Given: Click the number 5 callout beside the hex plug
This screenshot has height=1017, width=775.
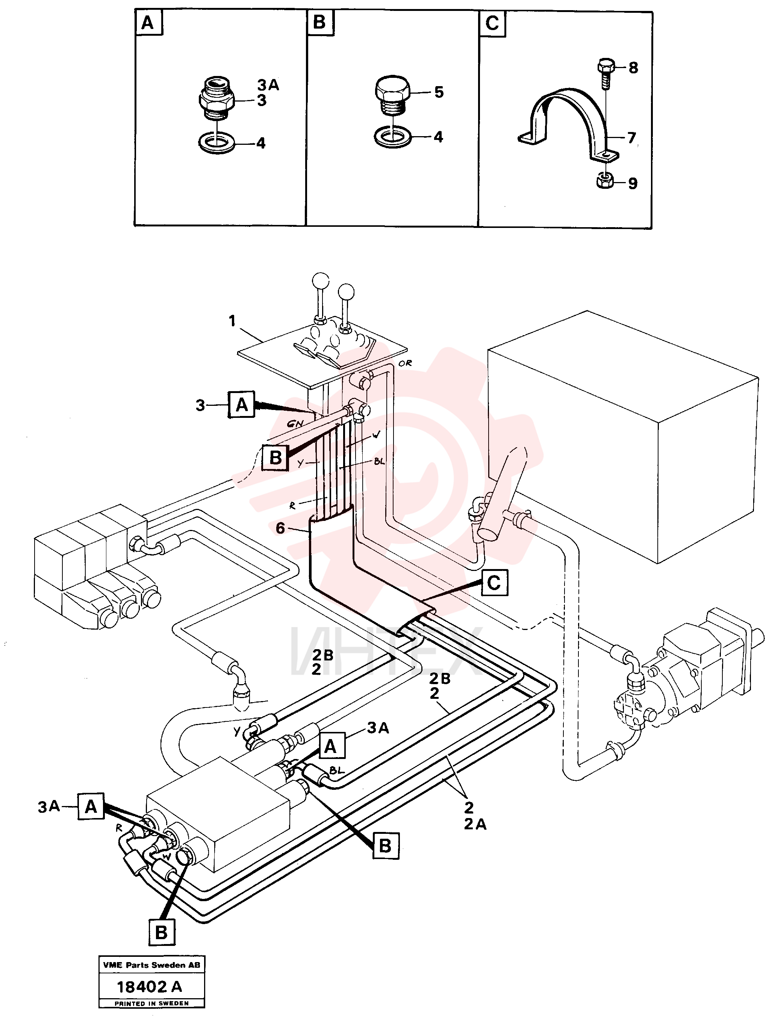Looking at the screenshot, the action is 439,92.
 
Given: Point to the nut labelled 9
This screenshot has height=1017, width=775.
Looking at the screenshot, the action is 604,180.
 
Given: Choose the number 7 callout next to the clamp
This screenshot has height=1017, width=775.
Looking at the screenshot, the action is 631,138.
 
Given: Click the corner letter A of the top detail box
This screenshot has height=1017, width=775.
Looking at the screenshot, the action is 148,23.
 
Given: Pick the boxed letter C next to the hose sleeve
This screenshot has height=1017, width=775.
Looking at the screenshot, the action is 494,583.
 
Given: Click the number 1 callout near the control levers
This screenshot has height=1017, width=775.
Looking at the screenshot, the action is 232,320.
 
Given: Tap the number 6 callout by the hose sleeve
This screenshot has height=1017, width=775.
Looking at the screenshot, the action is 280,528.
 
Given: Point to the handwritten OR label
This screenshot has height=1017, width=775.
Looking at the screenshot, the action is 405,363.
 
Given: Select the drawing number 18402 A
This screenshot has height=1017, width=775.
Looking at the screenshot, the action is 150,987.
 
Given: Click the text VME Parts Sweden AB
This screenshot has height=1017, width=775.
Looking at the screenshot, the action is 152,965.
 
